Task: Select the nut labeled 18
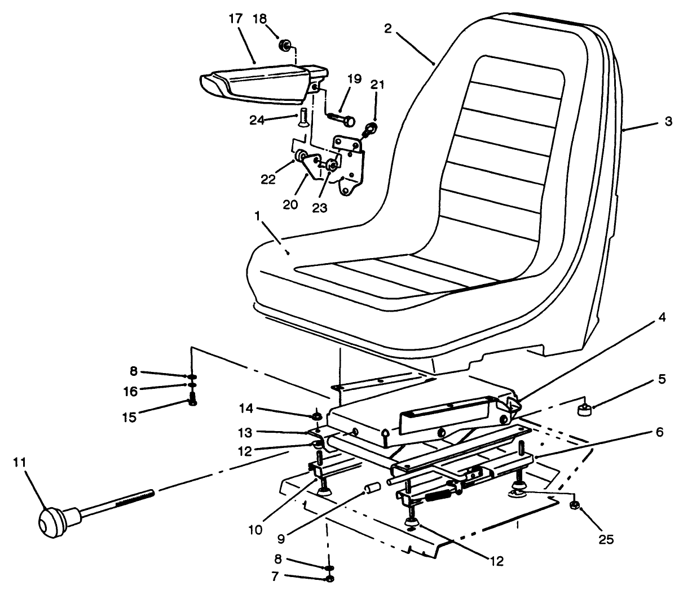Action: pyautogui.click(x=285, y=45)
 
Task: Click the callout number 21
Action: pyautogui.click(x=377, y=85)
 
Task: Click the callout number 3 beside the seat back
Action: pyautogui.click(x=668, y=121)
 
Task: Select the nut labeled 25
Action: pyautogui.click(x=575, y=504)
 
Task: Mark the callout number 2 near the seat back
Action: pyautogui.click(x=387, y=29)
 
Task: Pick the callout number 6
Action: pyautogui.click(x=659, y=433)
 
